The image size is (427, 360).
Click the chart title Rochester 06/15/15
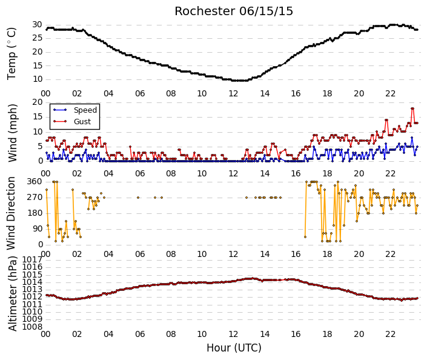pyautogui.click(x=234, y=11)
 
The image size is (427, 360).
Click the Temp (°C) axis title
pyautogui.click(x=12, y=54)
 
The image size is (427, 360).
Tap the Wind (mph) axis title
pyautogui.click(x=12, y=133)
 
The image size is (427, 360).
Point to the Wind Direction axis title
pyautogui.click(x=11, y=213)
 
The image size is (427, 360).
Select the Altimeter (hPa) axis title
pyautogui.click(x=12, y=293)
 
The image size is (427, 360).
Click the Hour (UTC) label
pyautogui.click(x=234, y=348)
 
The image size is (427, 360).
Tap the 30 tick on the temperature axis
pyautogui.click(x=38, y=25)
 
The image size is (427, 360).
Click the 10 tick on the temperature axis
pyautogui.click(x=38, y=79)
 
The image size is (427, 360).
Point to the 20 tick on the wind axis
pyautogui.click(x=38, y=102)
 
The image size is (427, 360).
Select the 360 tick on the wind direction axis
pyautogui.click(x=35, y=181)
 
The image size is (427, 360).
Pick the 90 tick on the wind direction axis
pyautogui.click(x=38, y=228)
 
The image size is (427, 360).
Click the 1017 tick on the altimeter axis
pyautogui.click(x=33, y=259)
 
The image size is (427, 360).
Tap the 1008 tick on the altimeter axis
pyautogui.click(x=33, y=327)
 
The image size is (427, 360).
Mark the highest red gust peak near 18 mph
pyautogui.click(x=412, y=108)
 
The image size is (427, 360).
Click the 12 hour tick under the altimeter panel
pyautogui.click(x=233, y=334)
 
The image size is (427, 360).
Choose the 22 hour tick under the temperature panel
pyautogui.click(x=390, y=93)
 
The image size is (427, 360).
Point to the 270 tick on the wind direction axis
pyautogui.click(x=35, y=198)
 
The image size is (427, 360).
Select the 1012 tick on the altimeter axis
pyautogui.click(x=33, y=297)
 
